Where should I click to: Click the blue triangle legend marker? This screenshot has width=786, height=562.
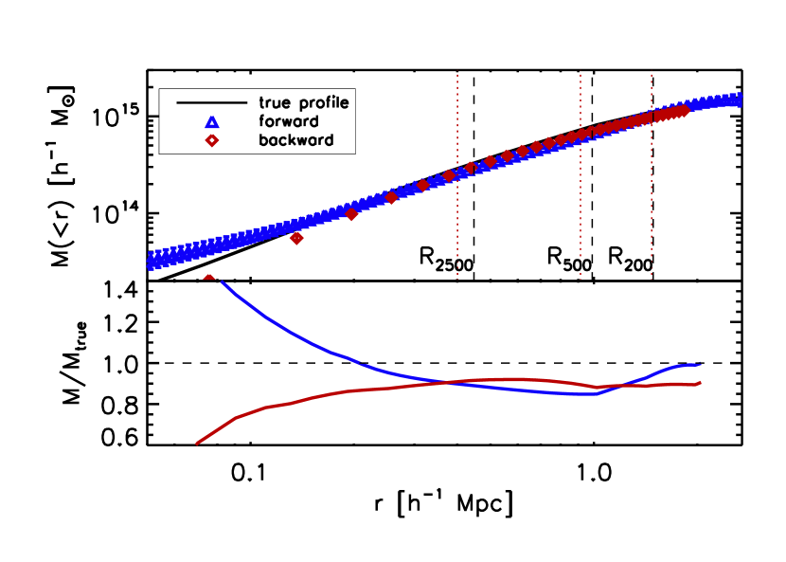(212, 122)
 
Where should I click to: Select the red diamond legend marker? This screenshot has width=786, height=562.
(212, 140)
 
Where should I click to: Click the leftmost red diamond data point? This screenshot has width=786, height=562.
(296, 238)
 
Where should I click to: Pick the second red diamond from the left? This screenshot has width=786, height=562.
(352, 214)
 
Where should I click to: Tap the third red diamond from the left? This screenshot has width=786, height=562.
(391, 198)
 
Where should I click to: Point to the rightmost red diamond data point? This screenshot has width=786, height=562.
(684, 111)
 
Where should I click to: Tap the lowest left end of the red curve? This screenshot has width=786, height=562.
(197, 443)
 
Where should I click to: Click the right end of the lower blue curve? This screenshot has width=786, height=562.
(700, 364)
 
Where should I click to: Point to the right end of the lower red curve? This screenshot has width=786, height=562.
(700, 383)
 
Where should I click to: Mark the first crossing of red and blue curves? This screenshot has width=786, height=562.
(456, 382)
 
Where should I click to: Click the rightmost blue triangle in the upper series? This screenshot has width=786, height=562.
(737, 98)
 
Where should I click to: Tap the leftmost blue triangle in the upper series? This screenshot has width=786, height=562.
(152, 261)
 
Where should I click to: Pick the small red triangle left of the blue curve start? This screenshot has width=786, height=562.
(209, 277)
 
